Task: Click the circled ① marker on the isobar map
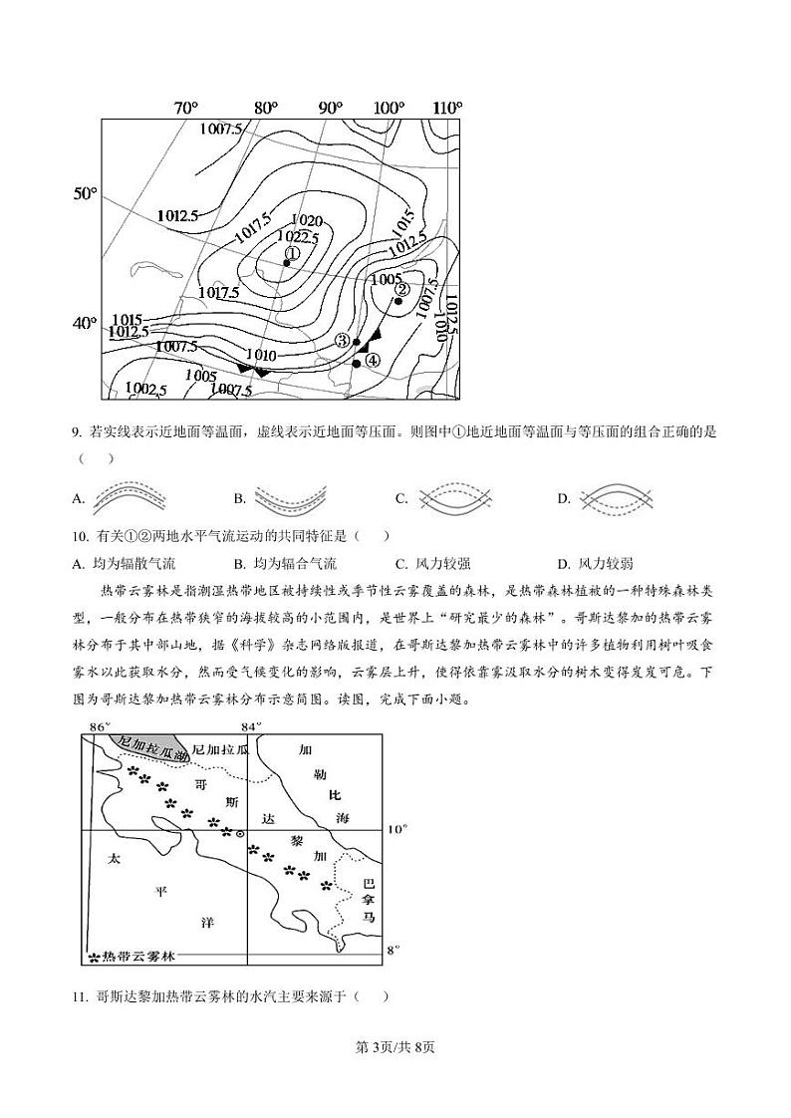click(x=292, y=253)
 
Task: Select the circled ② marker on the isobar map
click(x=401, y=290)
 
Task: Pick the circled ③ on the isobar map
click(x=342, y=340)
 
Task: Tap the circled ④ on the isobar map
click(x=372, y=361)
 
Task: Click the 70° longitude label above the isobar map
click(x=186, y=108)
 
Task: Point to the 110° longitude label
click(x=447, y=108)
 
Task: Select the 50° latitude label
click(x=86, y=193)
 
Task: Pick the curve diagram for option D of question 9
click(x=617, y=497)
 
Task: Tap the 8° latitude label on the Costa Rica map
click(x=393, y=951)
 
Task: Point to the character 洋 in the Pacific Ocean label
click(x=207, y=923)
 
